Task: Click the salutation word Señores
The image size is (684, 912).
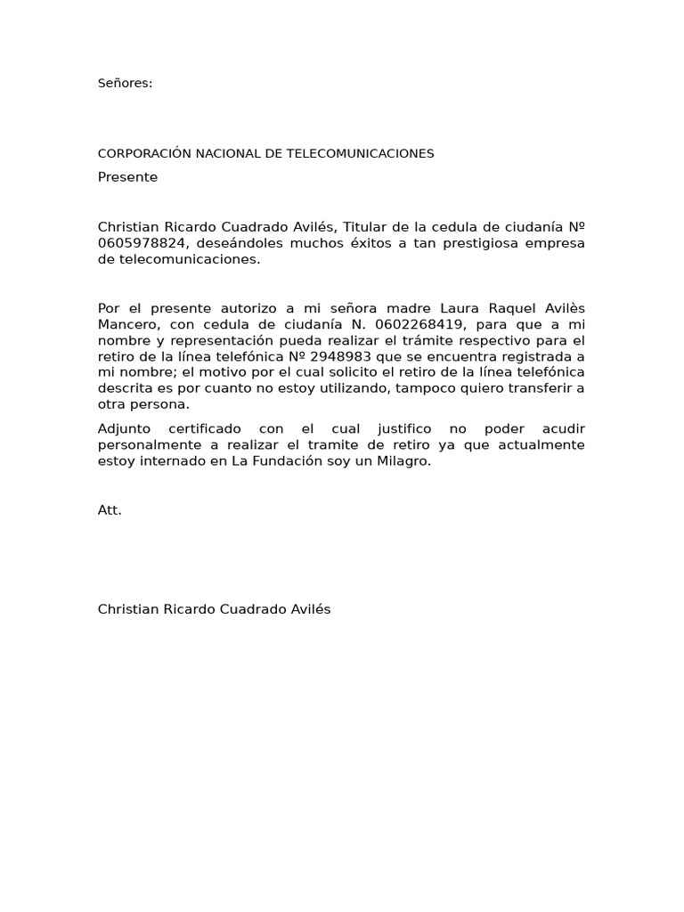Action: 125,84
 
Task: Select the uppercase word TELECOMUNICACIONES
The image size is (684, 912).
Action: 361,154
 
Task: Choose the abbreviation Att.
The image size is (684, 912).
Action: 110,510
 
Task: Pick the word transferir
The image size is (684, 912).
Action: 537,388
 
